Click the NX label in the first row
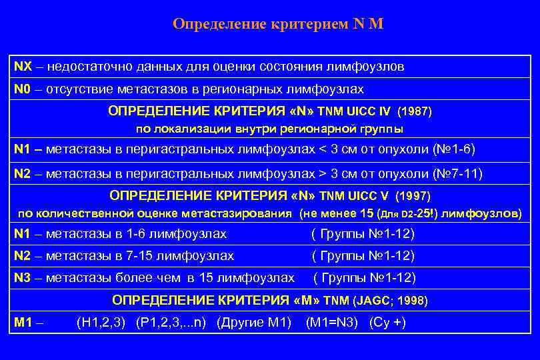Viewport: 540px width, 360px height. pyautogui.click(x=22, y=67)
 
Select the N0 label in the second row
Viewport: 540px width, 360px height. pyautogui.click(x=22, y=89)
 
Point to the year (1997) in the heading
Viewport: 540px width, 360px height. pyautogui.click(x=413, y=196)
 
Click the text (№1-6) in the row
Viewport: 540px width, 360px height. pyautogui.click(x=455, y=149)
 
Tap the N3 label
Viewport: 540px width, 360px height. pyautogui.click(x=22, y=277)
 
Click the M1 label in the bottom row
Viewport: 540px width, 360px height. pyautogui.click(x=24, y=323)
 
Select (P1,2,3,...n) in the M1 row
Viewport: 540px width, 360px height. pyautogui.click(x=171, y=323)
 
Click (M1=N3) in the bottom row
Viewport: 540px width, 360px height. pyautogui.click(x=331, y=323)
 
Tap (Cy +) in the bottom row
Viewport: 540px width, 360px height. pyautogui.click(x=387, y=323)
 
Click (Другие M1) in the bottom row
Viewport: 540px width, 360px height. pyautogui.click(x=254, y=323)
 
